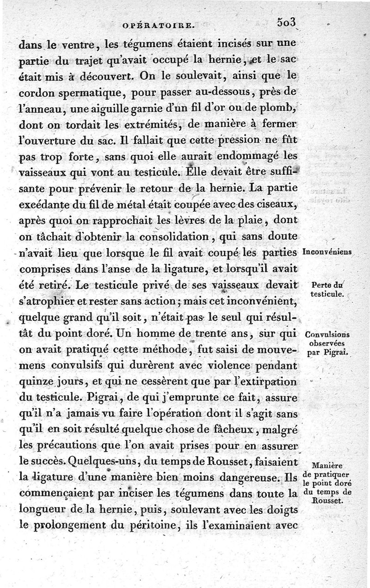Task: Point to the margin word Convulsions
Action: tap(327, 335)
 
